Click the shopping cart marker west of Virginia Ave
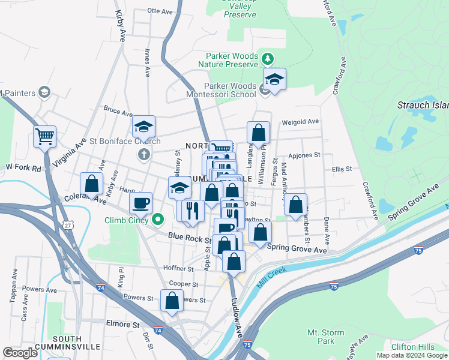coord(44,137)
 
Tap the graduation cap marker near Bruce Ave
coord(143,127)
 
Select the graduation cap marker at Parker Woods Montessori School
coord(274,80)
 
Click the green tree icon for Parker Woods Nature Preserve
coord(268,59)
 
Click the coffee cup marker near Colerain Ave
coord(140,203)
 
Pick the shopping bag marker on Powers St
coord(172,301)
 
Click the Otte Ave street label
coord(160,11)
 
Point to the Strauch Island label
coord(423,106)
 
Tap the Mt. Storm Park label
coord(326,337)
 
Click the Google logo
coord(20,353)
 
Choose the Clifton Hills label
coord(412,347)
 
